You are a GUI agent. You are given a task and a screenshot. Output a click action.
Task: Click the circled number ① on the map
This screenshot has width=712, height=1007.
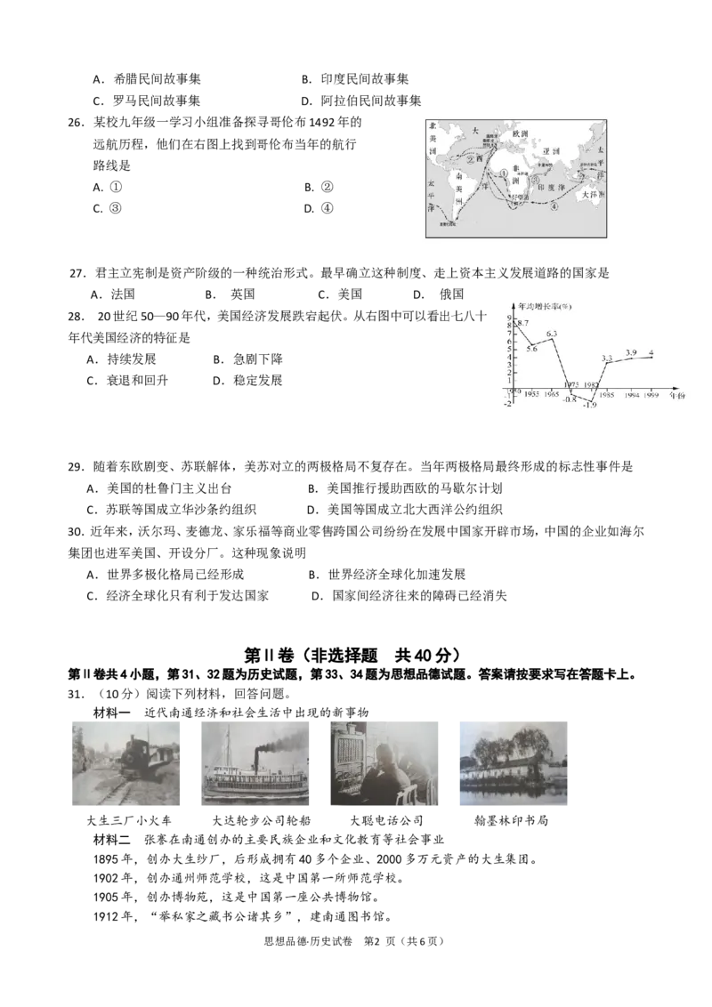tap(504, 175)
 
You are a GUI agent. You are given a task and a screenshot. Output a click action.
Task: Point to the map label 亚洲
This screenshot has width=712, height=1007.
tap(550, 151)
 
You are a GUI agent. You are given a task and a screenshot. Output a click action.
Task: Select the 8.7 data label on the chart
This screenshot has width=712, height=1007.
tap(522, 323)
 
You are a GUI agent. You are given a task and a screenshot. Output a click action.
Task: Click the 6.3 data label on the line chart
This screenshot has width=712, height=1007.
tap(552, 334)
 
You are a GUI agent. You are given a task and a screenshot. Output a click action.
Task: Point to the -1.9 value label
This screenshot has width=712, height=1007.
tap(588, 406)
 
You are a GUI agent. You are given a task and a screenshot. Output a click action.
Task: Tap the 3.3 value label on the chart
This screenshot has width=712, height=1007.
tap(607, 358)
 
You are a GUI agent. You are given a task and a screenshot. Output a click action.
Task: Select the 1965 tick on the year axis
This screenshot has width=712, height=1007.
tap(553, 393)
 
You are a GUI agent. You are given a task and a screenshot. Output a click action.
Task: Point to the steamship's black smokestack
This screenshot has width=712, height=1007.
tap(257, 758)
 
